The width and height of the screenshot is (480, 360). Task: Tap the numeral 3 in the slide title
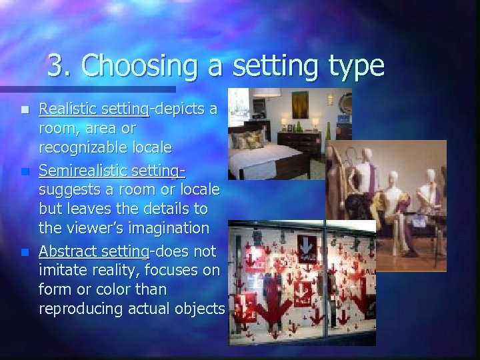(x=56, y=66)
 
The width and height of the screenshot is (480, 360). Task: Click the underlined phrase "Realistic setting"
(x=93, y=109)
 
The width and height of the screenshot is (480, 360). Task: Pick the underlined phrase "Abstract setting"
(x=93, y=251)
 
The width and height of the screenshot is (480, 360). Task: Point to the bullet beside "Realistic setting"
(x=25, y=109)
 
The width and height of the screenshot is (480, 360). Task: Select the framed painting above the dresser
(x=300, y=105)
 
